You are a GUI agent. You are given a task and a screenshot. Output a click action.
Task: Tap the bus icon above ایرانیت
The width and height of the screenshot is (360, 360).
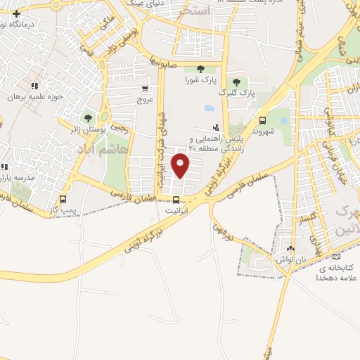point(176,199)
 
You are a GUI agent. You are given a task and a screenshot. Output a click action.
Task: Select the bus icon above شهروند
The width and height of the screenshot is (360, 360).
point(262,120)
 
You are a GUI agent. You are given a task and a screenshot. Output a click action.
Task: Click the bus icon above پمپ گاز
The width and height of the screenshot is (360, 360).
point(64,199)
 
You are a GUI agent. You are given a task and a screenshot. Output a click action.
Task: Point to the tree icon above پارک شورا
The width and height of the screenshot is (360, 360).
point(201,69)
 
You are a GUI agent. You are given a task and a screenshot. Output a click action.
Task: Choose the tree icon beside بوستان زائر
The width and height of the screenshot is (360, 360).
point(88,118)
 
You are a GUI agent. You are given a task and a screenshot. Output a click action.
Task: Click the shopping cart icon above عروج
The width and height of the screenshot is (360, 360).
point(144,89)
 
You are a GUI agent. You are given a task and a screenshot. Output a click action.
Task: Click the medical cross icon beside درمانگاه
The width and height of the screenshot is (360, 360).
point(16,13)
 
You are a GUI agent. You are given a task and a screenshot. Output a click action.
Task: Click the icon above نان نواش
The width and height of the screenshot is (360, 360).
point(290,248)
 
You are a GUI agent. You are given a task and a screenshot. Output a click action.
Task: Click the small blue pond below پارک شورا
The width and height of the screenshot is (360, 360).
point(209,109)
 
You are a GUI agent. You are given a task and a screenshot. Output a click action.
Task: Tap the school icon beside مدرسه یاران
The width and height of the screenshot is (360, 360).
point(4,167)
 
